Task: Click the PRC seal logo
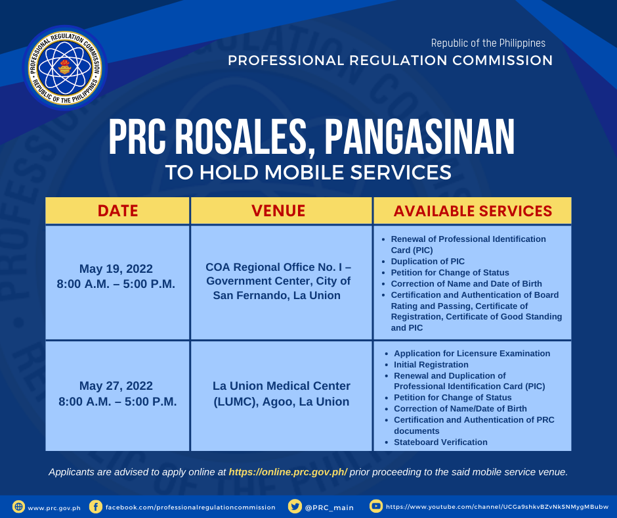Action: pos(65,68)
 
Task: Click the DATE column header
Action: pos(117,211)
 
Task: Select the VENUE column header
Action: pos(278,211)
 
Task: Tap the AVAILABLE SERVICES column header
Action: pos(473,211)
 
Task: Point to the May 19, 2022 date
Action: pos(116,269)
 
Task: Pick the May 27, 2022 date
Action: pos(116,386)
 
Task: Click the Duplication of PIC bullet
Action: pos(427,262)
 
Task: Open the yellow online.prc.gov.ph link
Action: pos(288,472)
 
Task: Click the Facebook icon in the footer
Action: pos(96,507)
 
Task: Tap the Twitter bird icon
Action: pos(294,507)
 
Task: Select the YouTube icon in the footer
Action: pos(376,506)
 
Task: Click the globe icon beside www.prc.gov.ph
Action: pos(18,507)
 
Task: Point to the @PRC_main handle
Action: pos(329,507)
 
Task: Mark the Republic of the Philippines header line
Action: pos(488,43)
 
